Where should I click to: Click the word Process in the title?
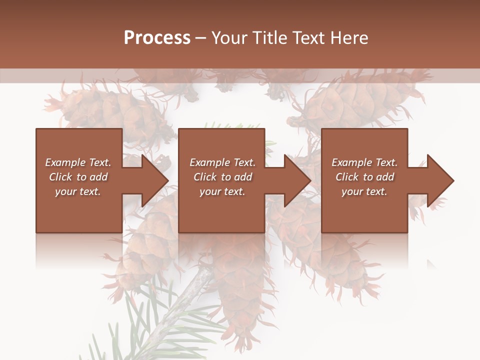coord(157,38)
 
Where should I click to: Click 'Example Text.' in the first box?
coord(78,162)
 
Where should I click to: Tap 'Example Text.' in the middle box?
coord(222,162)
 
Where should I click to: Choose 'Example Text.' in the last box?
coord(364,162)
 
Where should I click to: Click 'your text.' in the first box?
coord(78,191)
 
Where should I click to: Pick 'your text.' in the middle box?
coord(222,191)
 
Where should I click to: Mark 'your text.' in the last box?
coord(364,191)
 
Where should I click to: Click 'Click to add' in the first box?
coord(78,177)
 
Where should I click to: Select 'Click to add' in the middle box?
coord(222,177)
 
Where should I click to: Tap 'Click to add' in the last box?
coord(364,177)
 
